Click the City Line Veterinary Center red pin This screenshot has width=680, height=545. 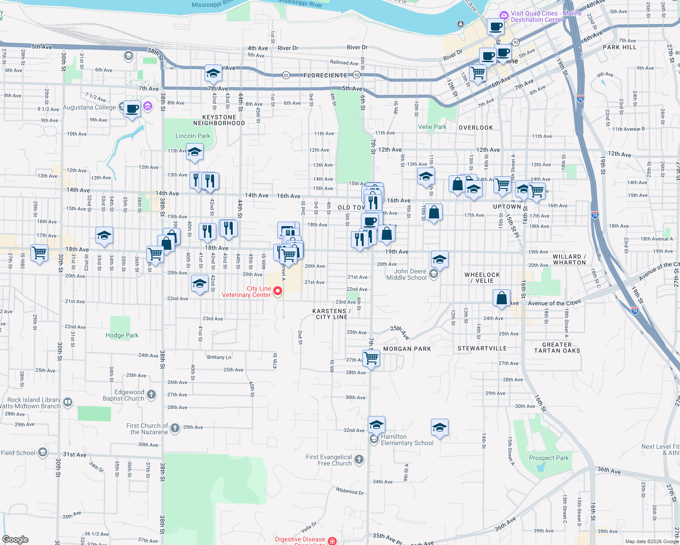pyautogui.click(x=277, y=291)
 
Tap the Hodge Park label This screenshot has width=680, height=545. pyautogui.click(x=122, y=336)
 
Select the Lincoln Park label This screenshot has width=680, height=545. pyautogui.click(x=193, y=136)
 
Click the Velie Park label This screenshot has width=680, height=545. pyautogui.click(x=432, y=127)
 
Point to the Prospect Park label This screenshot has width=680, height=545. pyautogui.click(x=549, y=458)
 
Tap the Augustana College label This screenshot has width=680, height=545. pyautogui.click(x=90, y=108)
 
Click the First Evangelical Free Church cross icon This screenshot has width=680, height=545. pyautogui.click(x=359, y=460)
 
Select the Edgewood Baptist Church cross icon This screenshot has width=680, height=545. pyautogui.click(x=151, y=395)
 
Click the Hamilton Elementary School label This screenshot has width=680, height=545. pyautogui.click(x=407, y=440)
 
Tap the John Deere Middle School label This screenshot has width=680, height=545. pyautogui.click(x=406, y=274)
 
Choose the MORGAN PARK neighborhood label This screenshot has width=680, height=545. pyautogui.click(x=407, y=349)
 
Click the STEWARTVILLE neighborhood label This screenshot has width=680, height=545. pyautogui.click(x=482, y=348)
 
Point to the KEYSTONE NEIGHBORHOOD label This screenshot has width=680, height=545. pyautogui.click(x=219, y=120)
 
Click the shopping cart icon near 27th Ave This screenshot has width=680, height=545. pyautogui.click(x=371, y=358)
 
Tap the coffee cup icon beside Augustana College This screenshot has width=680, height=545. pyautogui.click(x=132, y=109)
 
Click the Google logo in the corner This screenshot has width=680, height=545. pyautogui.click(x=15, y=539)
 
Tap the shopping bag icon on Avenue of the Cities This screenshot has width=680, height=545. pyautogui.click(x=501, y=298)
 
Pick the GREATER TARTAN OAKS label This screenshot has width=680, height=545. pyautogui.click(x=557, y=348)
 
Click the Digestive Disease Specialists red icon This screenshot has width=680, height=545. pyautogui.click(x=332, y=540)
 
